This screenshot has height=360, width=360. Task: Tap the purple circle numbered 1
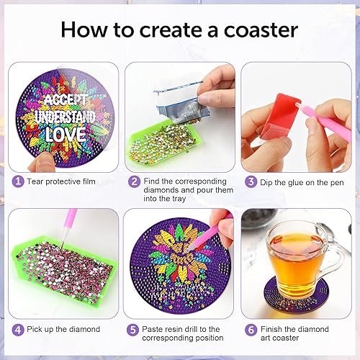[x=17, y=181]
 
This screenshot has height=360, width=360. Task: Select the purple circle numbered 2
[x=134, y=181]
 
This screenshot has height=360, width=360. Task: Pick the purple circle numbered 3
[x=251, y=181]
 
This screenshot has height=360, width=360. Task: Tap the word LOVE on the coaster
[x=65, y=135]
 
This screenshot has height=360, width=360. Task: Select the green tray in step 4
[x=65, y=270]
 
